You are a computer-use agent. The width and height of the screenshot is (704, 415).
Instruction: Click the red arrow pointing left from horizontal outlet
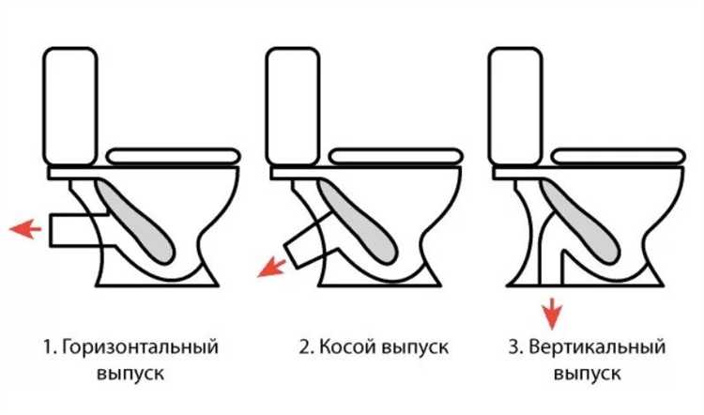click(25, 228)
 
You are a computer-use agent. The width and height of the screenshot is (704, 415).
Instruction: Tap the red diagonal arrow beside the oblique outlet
click(272, 269)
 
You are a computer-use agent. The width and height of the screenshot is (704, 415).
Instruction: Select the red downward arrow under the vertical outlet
click(552, 313)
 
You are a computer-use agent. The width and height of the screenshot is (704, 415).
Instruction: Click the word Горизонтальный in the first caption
click(140, 347)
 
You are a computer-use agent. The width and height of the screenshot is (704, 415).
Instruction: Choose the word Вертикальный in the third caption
click(597, 347)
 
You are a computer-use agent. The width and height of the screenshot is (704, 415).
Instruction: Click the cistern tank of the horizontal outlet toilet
click(70, 106)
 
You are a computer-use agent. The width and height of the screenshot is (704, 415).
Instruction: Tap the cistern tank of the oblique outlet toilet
click(293, 106)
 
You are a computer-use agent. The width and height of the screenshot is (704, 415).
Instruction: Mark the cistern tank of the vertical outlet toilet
click(515, 106)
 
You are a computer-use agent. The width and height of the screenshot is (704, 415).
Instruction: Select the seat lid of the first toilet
click(174, 156)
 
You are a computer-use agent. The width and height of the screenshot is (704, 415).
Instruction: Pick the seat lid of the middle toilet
click(396, 156)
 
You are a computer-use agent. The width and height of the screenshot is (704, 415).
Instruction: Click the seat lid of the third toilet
click(619, 156)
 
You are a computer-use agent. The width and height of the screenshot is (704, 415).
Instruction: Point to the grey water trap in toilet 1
click(134, 220)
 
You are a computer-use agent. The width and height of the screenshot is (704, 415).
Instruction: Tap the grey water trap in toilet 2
click(358, 220)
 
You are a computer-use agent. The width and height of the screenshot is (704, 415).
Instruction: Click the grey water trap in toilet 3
click(580, 220)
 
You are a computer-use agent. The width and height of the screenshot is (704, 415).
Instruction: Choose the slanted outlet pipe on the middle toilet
click(310, 243)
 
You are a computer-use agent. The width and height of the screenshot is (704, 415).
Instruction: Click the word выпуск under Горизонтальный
click(130, 374)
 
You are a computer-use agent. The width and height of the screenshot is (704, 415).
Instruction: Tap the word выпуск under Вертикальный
click(588, 374)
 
